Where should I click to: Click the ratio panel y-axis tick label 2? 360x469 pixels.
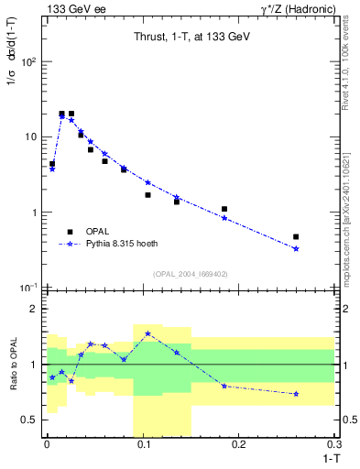(34, 309)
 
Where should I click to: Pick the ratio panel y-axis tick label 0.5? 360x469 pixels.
(30, 420)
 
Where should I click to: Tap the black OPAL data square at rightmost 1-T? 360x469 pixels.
(296, 236)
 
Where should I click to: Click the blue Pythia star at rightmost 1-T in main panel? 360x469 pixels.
(296, 248)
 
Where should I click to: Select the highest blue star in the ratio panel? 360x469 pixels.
(147, 333)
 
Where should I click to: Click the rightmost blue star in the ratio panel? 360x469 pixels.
(296, 394)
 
